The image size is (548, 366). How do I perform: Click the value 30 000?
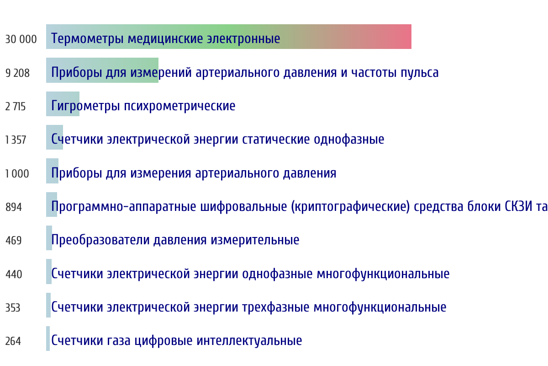(21, 39)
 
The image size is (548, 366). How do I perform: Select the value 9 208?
(18, 73)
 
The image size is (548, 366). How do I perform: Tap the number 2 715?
(16, 107)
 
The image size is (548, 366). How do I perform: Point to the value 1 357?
(16, 140)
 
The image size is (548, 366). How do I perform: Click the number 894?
(14, 207)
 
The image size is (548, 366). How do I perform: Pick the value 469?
(14, 241)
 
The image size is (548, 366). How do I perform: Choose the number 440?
(14, 274)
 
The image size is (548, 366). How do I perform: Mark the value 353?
(13, 307)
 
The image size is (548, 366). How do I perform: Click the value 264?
(13, 341)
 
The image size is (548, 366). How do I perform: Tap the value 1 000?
(17, 173)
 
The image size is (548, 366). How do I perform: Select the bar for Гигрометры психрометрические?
(63, 104)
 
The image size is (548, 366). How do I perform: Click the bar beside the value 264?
(48, 339)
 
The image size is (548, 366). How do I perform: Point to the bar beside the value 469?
(49, 238)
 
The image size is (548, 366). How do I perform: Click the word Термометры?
(87, 39)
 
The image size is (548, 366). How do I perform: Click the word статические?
(276, 140)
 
